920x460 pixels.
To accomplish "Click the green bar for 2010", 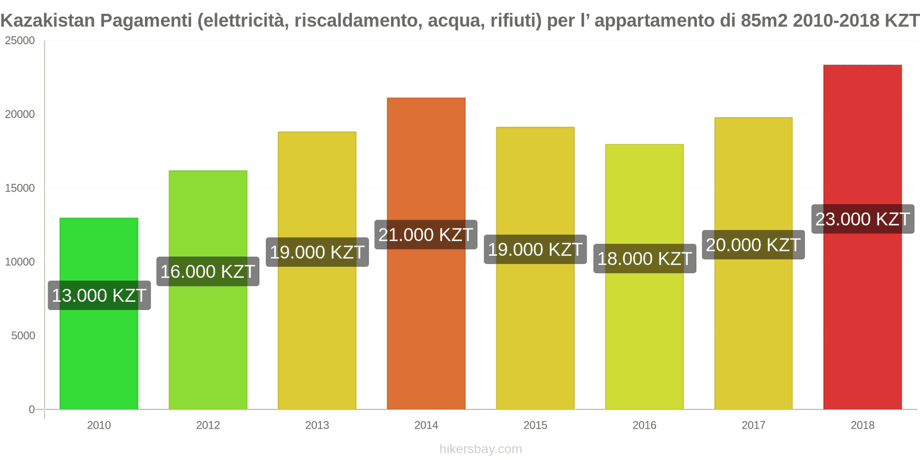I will click(99, 356).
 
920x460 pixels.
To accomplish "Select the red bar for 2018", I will click(862, 316).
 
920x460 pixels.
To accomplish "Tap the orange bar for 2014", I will click(426, 322).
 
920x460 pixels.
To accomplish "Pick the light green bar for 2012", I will click(208, 345).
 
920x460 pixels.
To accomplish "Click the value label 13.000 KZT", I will click(99, 296).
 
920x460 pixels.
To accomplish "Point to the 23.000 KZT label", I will click(862, 219).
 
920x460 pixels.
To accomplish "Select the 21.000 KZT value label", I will click(425, 235).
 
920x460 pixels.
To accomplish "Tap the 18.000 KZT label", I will click(645, 259).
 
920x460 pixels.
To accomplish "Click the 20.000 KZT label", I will click(753, 245).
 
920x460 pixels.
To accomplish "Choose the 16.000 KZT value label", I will click(208, 271).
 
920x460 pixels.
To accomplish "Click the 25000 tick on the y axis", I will click(20, 41).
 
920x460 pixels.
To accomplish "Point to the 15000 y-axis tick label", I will click(20, 188).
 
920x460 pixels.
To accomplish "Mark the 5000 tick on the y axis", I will click(23, 336).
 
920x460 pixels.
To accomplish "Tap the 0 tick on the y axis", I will click(32, 409).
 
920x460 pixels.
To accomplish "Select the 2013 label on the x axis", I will click(317, 425).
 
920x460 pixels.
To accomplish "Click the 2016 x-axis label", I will click(644, 425).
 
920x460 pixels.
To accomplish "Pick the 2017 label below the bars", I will click(753, 425).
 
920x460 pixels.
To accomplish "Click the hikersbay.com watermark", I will click(481, 448).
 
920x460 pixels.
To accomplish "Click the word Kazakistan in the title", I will click(48, 21).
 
